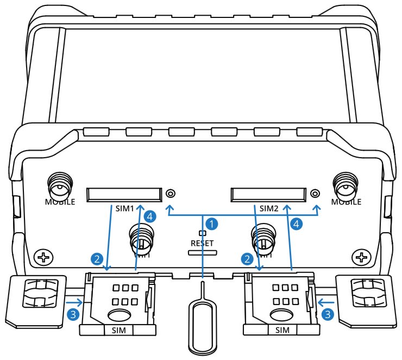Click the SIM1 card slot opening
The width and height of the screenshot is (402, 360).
124,193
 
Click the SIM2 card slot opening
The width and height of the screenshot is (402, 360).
267,193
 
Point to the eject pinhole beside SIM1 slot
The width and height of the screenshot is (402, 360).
171,193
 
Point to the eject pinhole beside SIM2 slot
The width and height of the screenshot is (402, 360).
315,193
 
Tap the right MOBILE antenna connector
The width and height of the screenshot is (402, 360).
346,186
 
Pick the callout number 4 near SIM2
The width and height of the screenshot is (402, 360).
296,222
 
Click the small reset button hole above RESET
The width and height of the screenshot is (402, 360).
203,233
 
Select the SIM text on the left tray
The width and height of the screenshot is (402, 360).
118,330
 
